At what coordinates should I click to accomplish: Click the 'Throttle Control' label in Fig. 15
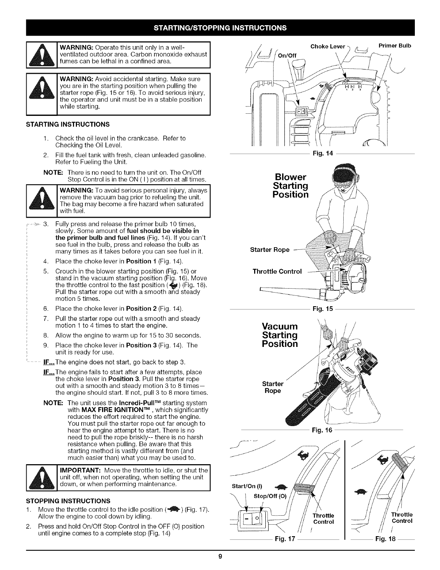277,271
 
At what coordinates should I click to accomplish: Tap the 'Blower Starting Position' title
291,186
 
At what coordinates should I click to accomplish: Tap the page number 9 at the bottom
220,557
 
